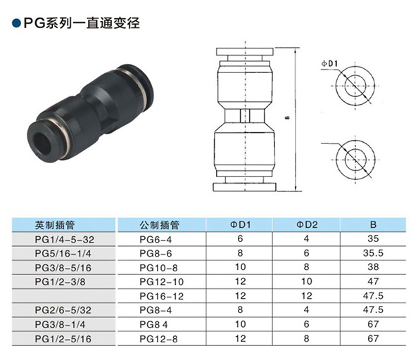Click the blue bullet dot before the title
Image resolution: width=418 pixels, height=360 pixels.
(x=16, y=23)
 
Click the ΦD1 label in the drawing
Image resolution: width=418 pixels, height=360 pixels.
(x=329, y=64)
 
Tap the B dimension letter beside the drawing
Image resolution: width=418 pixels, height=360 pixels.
(x=287, y=117)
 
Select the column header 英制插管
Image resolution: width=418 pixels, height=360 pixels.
(x=55, y=225)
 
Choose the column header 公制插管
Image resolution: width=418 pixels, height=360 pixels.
(x=159, y=225)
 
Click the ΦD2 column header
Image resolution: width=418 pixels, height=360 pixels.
(x=307, y=225)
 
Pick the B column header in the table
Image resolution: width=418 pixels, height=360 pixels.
(x=373, y=225)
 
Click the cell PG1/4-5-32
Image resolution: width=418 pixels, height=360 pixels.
(x=65, y=240)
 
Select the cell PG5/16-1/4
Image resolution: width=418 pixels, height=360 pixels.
(x=63, y=254)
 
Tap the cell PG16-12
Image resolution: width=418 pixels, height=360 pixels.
(x=162, y=296)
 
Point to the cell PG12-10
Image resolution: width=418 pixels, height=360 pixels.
(x=162, y=282)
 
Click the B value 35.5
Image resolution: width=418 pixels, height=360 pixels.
(x=373, y=253)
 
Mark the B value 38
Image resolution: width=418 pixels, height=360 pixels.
(x=373, y=267)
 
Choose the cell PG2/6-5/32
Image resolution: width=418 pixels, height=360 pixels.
(x=63, y=310)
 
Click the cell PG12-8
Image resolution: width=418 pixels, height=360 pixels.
(x=158, y=339)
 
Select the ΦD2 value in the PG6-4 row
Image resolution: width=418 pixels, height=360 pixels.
(x=307, y=238)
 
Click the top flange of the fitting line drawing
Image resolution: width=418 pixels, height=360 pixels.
(x=245, y=51)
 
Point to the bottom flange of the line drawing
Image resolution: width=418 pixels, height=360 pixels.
(x=244, y=187)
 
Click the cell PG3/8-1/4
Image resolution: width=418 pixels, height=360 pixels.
(x=60, y=325)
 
